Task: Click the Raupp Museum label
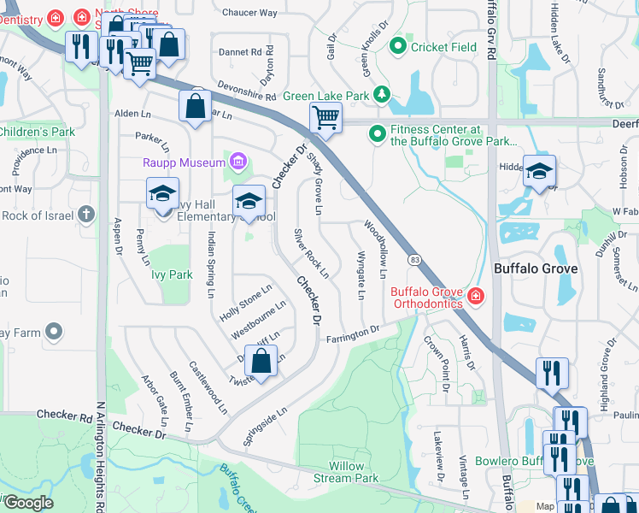[181, 162]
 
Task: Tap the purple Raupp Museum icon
[237, 161]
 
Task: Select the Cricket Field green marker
[397, 47]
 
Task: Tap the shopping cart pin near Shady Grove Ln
[325, 118]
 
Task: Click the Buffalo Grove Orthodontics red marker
[475, 298]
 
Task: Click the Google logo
[28, 503]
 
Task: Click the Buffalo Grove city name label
[536, 268]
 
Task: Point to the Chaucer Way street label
[249, 13]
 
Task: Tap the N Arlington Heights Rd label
[100, 457]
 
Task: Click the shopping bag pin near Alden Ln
[196, 107]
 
